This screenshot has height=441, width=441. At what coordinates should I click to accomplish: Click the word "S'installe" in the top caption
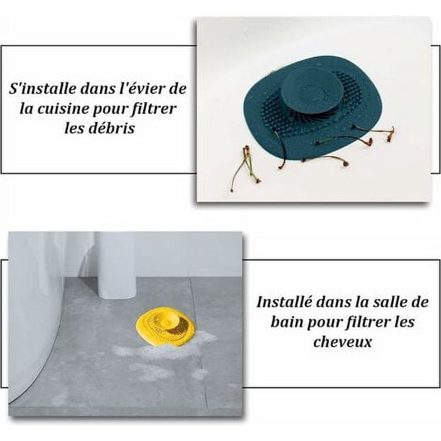[x=43, y=89]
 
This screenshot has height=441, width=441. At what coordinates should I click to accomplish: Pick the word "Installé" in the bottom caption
[x=284, y=302]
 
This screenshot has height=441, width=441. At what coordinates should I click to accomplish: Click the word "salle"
[x=392, y=302]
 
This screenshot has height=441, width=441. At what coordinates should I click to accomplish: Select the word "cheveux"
[x=342, y=342]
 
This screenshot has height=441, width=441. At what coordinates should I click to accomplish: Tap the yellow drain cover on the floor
[x=166, y=327]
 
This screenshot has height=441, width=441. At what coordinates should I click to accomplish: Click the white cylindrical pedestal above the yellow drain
[x=117, y=265]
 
